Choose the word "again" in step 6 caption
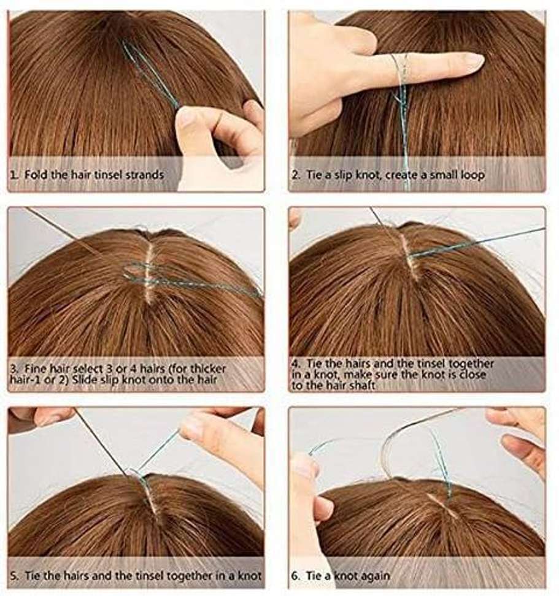(374, 576)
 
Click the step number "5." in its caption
(14, 576)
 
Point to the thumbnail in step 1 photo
(187, 115)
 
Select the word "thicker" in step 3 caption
(207, 369)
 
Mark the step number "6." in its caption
(296, 576)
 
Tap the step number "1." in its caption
(14, 175)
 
